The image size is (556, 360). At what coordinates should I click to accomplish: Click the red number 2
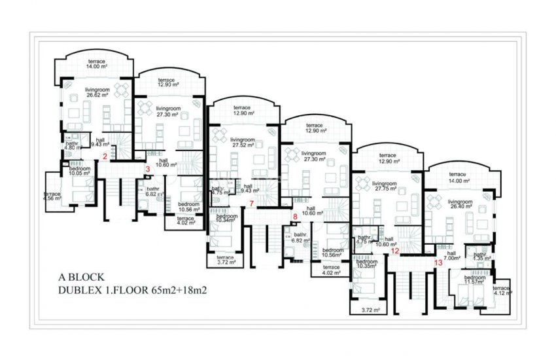(x=105, y=155)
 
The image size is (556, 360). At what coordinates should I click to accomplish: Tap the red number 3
(x=148, y=169)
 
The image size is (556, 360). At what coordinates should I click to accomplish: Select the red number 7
(x=251, y=204)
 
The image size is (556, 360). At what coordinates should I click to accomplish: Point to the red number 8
(x=295, y=216)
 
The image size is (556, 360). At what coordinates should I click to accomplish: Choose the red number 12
(x=394, y=251)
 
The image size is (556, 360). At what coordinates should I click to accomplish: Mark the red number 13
(x=438, y=262)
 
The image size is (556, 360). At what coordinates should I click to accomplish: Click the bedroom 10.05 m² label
(x=80, y=171)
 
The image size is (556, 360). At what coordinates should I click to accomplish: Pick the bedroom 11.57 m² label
(x=475, y=280)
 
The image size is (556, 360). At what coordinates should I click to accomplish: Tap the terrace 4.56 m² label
(x=52, y=196)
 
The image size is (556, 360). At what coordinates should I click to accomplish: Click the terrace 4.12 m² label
(x=501, y=291)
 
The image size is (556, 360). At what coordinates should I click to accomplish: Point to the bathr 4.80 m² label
(x=73, y=146)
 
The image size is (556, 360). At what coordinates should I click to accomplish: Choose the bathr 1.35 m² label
(x=479, y=257)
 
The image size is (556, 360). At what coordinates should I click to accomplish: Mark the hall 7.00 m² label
(x=451, y=256)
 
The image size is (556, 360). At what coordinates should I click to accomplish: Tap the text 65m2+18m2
(x=179, y=289)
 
